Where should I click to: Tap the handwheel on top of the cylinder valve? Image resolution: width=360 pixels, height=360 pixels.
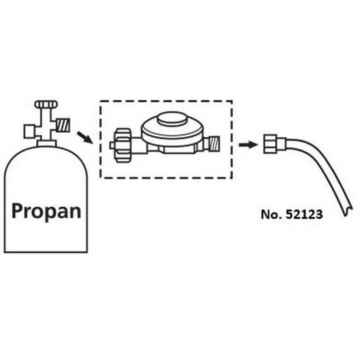46,105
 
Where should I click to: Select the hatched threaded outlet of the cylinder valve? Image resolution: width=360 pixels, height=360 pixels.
63,125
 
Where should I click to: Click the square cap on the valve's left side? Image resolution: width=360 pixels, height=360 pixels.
30,131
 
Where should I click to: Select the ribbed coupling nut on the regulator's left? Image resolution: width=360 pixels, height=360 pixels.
124,146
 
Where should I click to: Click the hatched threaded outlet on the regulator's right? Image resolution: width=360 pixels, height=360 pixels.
214,144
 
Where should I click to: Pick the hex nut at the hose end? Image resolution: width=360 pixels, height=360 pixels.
271,144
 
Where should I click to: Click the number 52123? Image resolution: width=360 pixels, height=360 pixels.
304,214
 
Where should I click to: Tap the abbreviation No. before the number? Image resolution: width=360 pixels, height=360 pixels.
272,214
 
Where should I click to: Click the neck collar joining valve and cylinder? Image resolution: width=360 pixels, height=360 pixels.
47,143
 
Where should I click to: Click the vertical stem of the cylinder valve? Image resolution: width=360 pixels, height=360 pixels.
46,124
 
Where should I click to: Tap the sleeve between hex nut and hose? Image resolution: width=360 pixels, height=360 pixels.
282,144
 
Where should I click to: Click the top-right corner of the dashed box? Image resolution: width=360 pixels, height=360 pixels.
232,101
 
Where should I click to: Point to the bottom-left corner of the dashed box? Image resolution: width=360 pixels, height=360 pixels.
101,178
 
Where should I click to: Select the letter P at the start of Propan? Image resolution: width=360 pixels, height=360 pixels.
17,211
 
